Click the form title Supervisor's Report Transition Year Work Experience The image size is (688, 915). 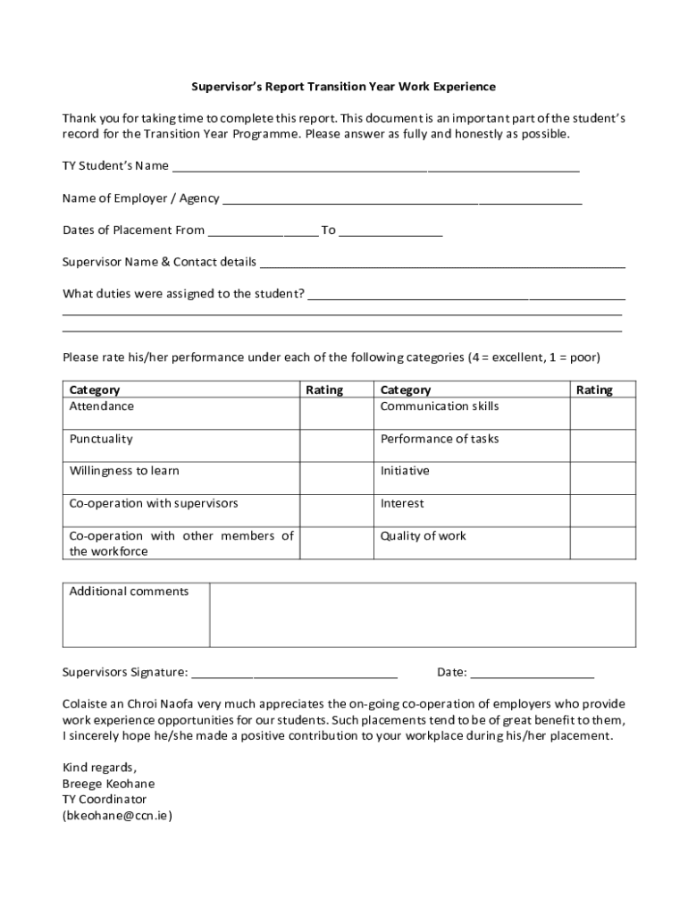pyautogui.click(x=344, y=87)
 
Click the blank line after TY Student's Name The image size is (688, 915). pyautogui.click(x=375, y=167)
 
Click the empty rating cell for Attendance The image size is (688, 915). pyautogui.click(x=336, y=413)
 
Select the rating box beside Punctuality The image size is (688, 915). pyautogui.click(x=336, y=445)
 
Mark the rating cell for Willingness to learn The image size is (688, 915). pyautogui.click(x=336, y=477)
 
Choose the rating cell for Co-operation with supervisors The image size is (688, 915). pyautogui.click(x=336, y=509)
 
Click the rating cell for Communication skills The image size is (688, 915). pyautogui.click(x=603, y=413)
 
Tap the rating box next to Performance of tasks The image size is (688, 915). pyautogui.click(x=603, y=445)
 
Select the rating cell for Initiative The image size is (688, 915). pyautogui.click(x=603, y=477)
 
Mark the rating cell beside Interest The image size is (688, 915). pyautogui.click(x=603, y=509)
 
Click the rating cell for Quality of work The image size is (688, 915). pyautogui.click(x=603, y=542)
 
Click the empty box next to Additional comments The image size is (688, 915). pyautogui.click(x=423, y=614)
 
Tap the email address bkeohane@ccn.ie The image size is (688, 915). pyautogui.click(x=116, y=816)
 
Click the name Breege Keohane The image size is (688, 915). pyautogui.click(x=108, y=784)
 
